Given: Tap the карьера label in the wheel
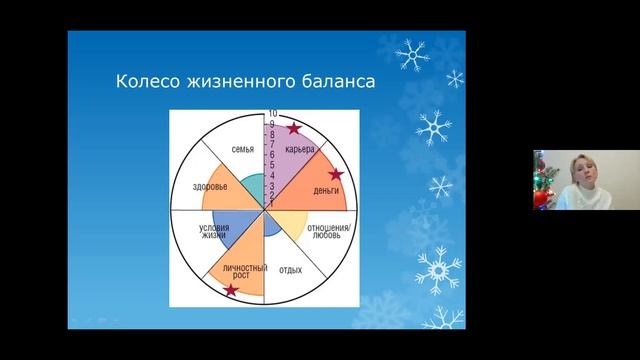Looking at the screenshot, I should click(300, 151).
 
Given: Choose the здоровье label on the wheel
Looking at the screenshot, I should click(210, 187).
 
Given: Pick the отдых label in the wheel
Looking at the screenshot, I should click(291, 270).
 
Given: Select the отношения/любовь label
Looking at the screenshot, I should click(326, 233).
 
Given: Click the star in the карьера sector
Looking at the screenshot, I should click(293, 128).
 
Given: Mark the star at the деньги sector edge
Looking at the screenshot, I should click(337, 174).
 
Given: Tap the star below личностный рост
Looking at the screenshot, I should click(232, 291).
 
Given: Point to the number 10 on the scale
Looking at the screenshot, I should click(272, 115).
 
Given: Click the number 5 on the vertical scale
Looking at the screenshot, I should click(272, 165).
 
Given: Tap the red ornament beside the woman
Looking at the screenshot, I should click(540, 196).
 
